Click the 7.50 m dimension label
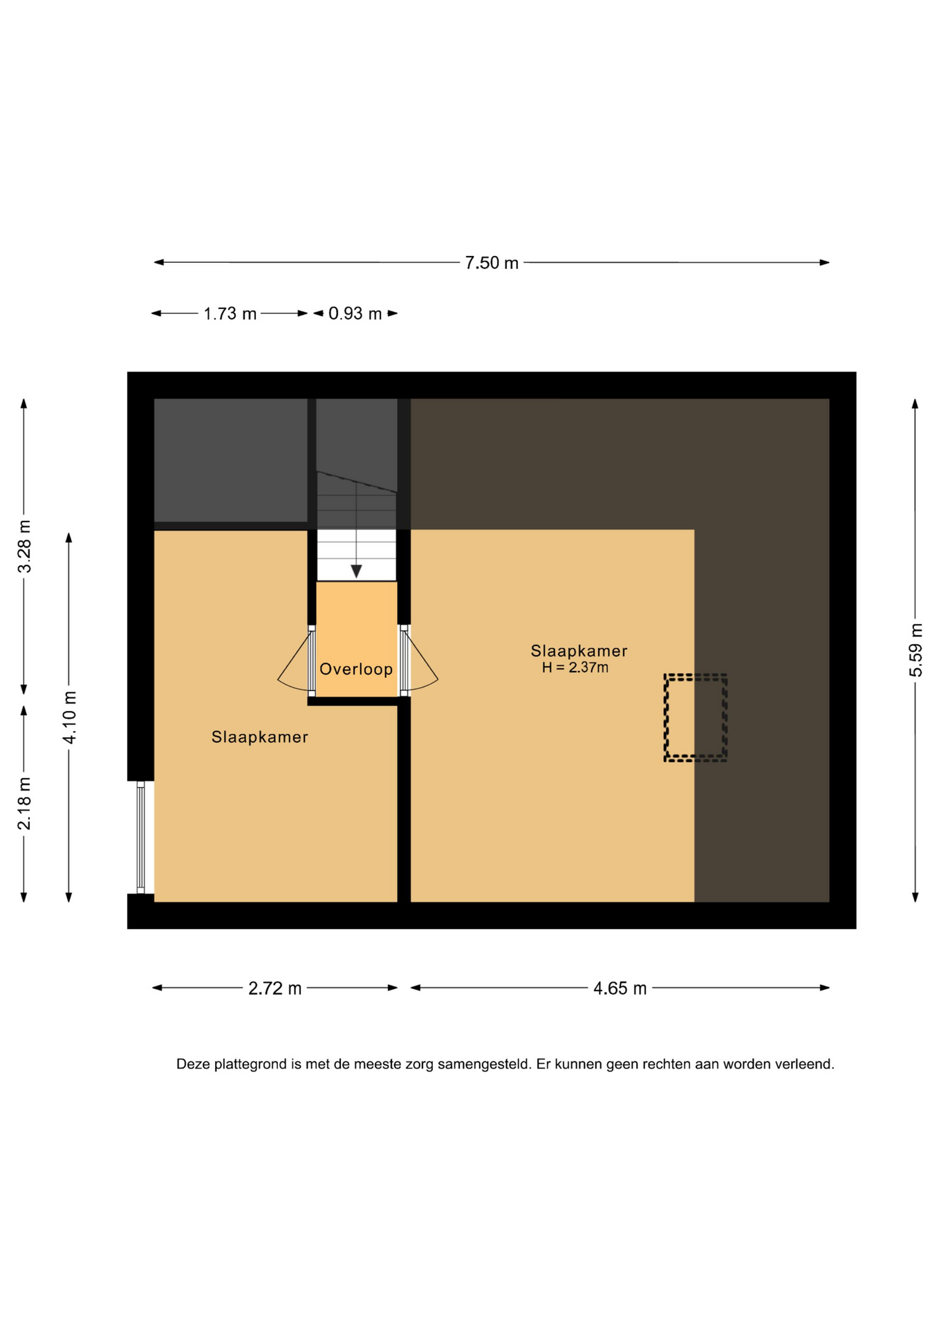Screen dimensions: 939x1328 pyautogui.click(x=491, y=263)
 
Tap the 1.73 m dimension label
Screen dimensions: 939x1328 pyautogui.click(x=230, y=314)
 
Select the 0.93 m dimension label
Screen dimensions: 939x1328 pyautogui.click(x=355, y=314)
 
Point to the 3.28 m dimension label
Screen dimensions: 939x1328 pyautogui.click(x=24, y=546)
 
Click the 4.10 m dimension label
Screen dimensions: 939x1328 pyautogui.click(x=69, y=717)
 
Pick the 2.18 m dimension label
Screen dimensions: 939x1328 pyautogui.click(x=24, y=804)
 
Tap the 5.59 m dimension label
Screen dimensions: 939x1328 pyautogui.click(x=915, y=650)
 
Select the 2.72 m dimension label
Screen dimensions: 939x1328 pyautogui.click(x=275, y=988)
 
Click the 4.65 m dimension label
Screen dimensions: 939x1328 pyautogui.click(x=620, y=988)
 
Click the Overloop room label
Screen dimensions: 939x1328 pyautogui.click(x=355, y=669)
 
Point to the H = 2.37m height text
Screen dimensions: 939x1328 pyautogui.click(x=575, y=667)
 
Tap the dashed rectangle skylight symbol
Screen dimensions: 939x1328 pyautogui.click(x=695, y=718)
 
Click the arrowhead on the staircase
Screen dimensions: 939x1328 pyautogui.click(x=356, y=571)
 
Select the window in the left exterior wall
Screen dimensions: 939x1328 pyautogui.click(x=140, y=837)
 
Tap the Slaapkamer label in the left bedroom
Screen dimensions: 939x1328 pyautogui.click(x=259, y=737)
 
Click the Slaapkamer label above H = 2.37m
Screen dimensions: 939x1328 pyautogui.click(x=579, y=651)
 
